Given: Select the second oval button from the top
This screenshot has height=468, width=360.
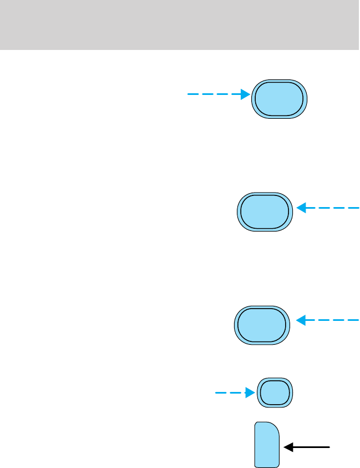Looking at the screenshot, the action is point(265,212).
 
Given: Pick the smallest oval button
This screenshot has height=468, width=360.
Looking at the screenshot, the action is point(275,393).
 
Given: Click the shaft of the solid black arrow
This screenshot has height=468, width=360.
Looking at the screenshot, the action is point(311,446).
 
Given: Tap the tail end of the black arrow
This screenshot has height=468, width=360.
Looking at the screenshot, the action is point(330,446).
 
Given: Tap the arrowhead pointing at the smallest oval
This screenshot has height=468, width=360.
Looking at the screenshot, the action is point(250,393).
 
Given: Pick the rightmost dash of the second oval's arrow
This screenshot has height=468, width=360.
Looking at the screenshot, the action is point(353,208).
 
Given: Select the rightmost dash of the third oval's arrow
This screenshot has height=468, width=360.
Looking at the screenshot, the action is point(353,320).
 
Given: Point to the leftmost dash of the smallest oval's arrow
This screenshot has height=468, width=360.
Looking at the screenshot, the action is point(221,393).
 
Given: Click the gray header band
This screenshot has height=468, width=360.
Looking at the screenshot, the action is point(180,25).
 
